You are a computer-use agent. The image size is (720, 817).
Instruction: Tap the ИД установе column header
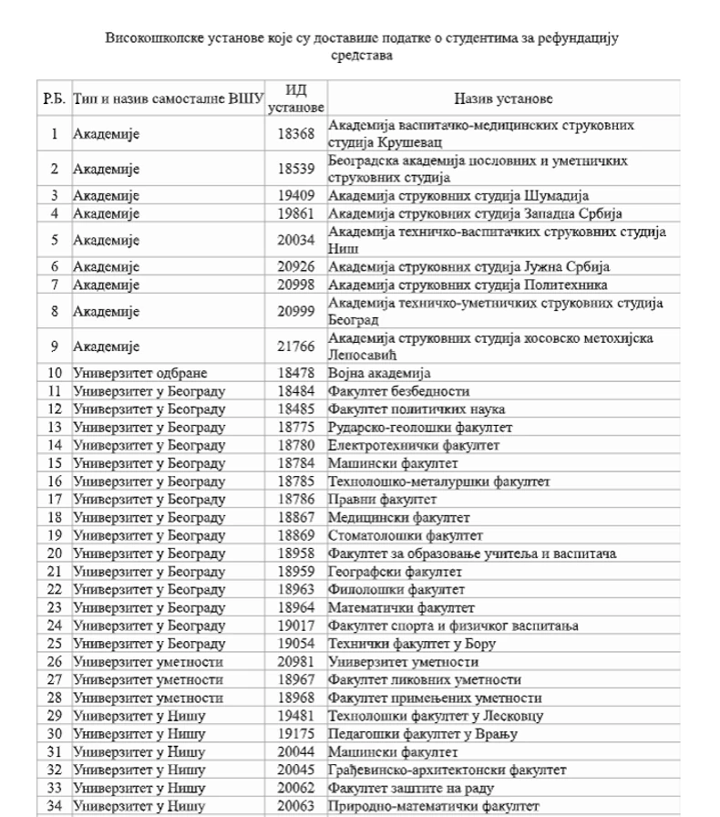tap(296, 98)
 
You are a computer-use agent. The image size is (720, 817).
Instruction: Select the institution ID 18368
tap(296, 134)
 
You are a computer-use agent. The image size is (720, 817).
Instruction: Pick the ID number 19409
tap(296, 196)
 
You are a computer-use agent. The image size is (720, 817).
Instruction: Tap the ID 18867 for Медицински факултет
tap(296, 516)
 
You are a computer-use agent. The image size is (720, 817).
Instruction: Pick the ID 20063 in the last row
tap(296, 805)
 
